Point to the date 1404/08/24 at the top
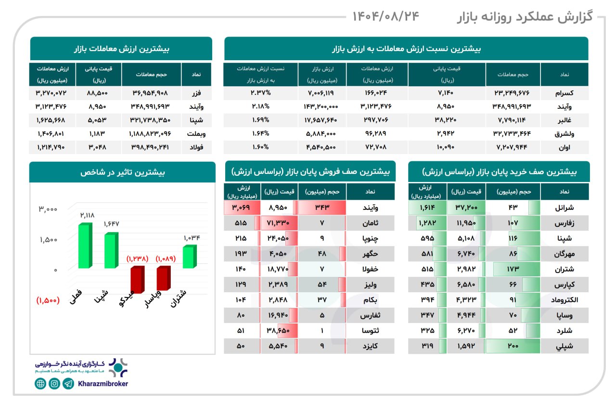[x=385, y=16]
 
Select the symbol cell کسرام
[x=564, y=93]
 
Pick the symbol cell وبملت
[x=196, y=133]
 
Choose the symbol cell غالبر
[x=564, y=120]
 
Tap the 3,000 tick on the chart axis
[x=48, y=209]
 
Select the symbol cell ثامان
[x=370, y=223]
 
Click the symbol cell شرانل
[x=564, y=208]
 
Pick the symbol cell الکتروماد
[x=564, y=300]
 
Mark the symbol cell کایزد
[x=370, y=346]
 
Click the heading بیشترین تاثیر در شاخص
[x=122, y=172]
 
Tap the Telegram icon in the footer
[x=69, y=384]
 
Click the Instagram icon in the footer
[x=54, y=384]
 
